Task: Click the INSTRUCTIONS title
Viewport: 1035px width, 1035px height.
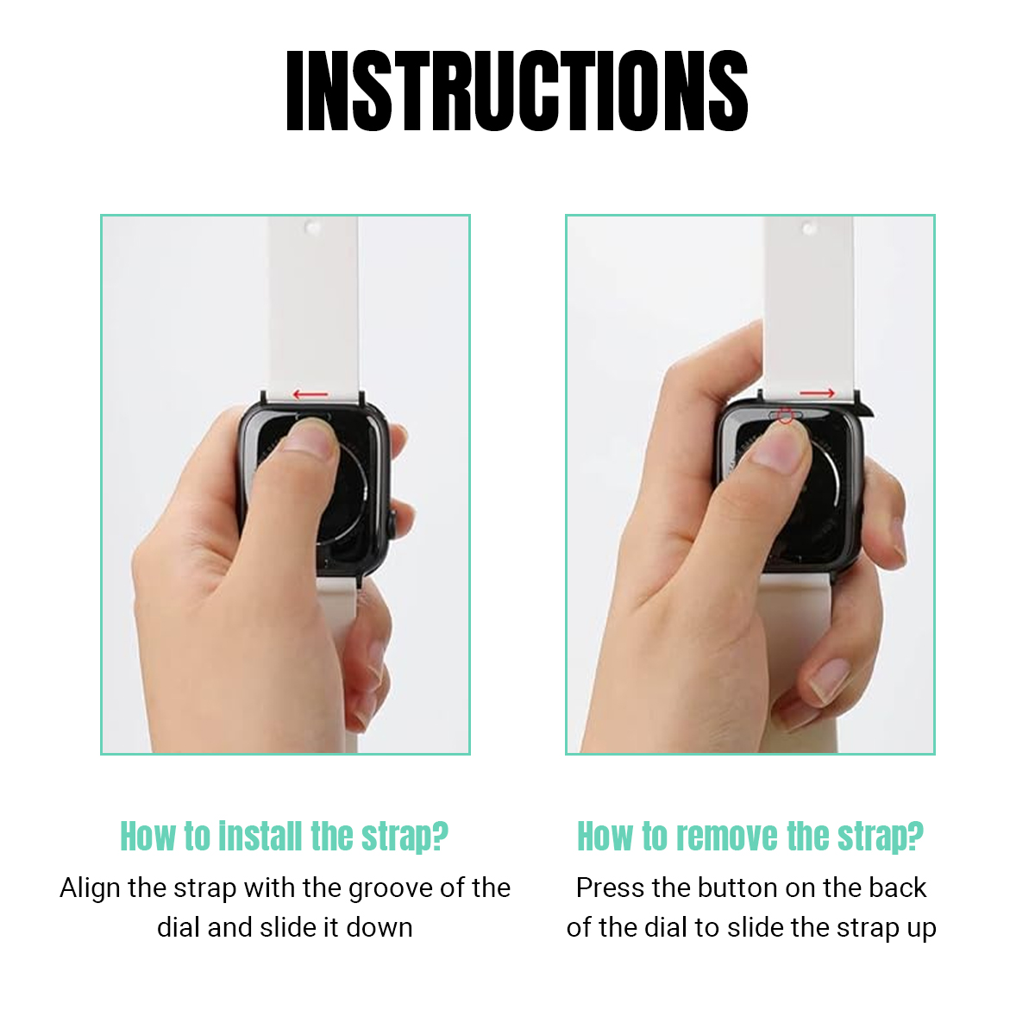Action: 517,91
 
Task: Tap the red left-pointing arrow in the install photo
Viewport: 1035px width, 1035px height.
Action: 310,395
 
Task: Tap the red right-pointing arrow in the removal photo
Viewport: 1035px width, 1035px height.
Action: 817,393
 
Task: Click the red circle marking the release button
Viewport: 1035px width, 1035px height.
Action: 785,415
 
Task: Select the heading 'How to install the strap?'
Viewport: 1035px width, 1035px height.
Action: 284,837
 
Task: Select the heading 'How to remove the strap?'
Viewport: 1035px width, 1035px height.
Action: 750,837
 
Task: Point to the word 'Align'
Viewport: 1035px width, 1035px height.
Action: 90,888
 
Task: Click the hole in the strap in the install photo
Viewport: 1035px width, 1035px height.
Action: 312,228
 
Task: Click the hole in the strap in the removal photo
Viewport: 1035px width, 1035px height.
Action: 809,229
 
